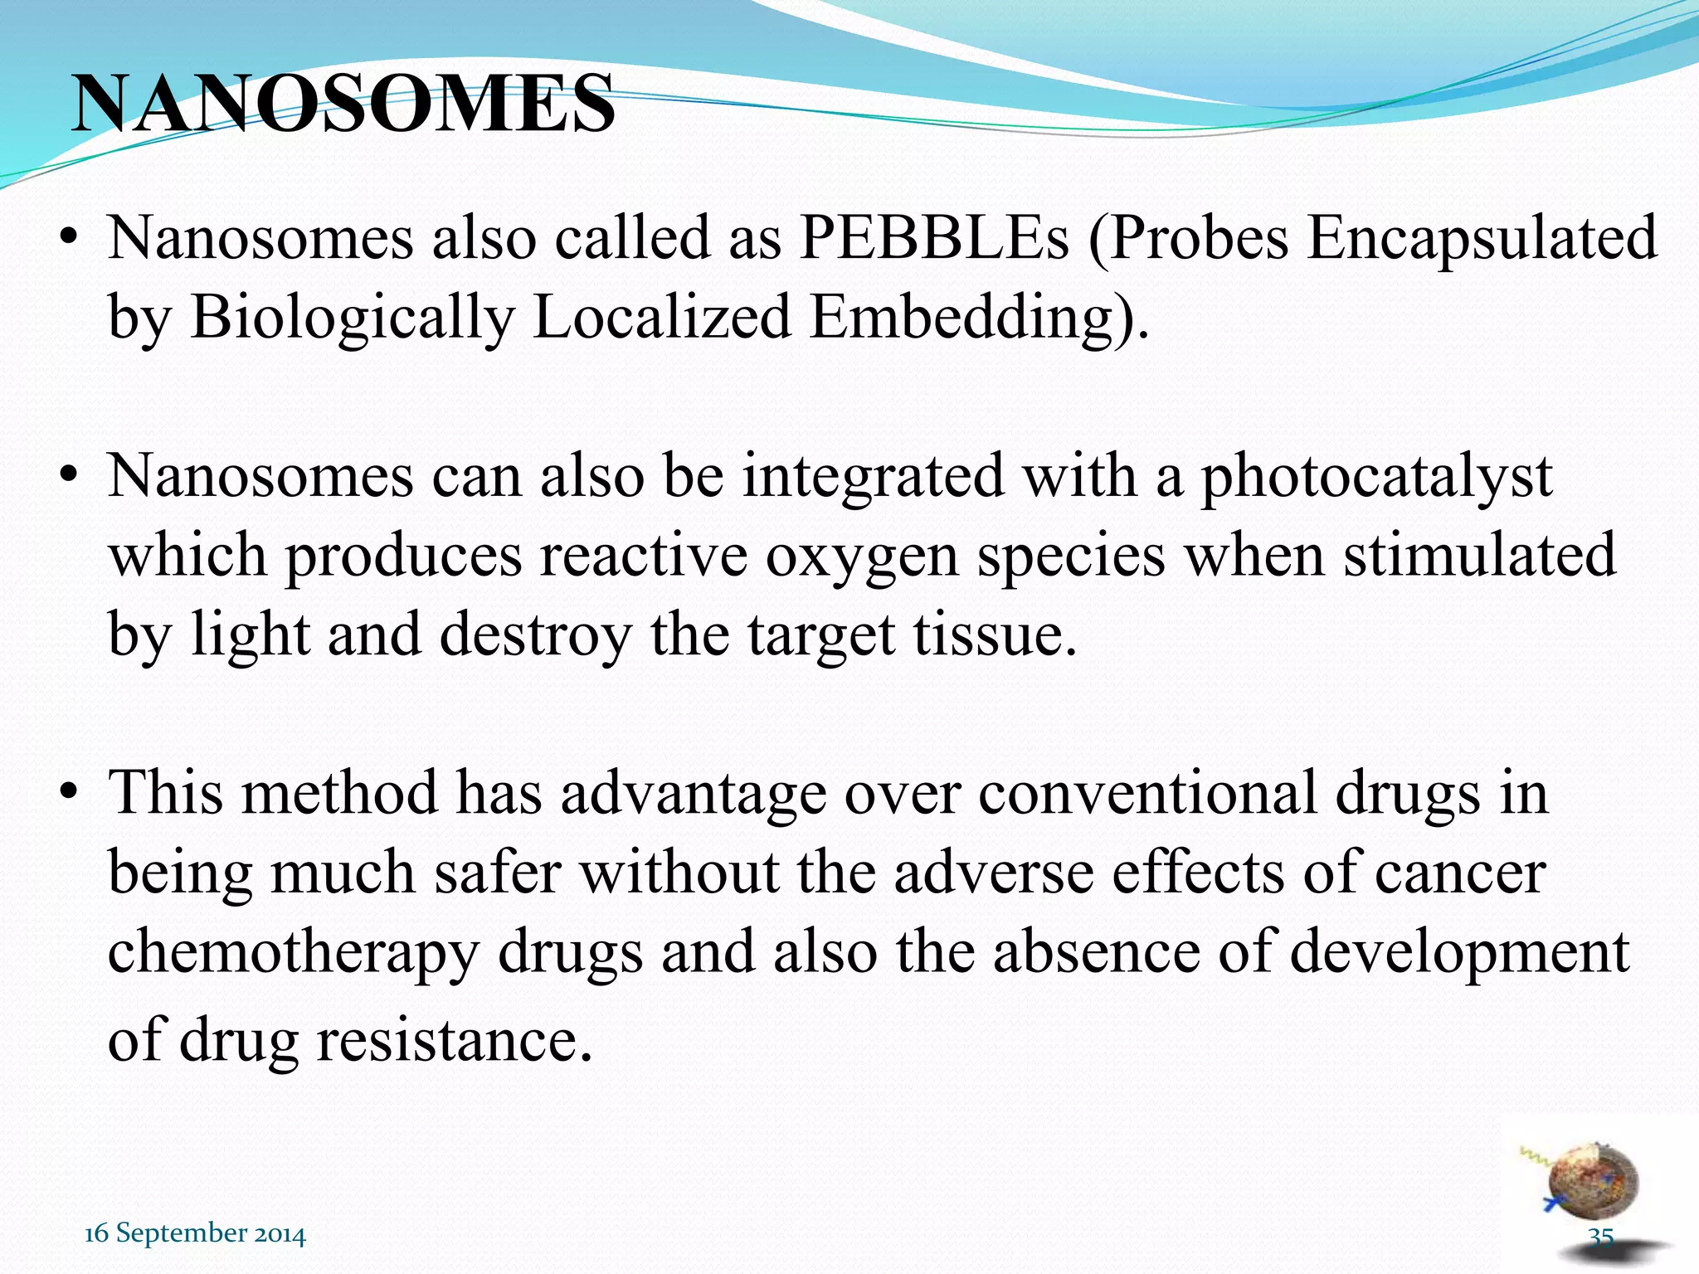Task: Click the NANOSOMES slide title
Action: [343, 105]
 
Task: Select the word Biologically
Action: [353, 318]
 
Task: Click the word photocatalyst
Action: [1376, 478]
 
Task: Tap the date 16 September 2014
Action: [195, 1233]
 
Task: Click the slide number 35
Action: [1600, 1236]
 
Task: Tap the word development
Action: [1459, 952]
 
